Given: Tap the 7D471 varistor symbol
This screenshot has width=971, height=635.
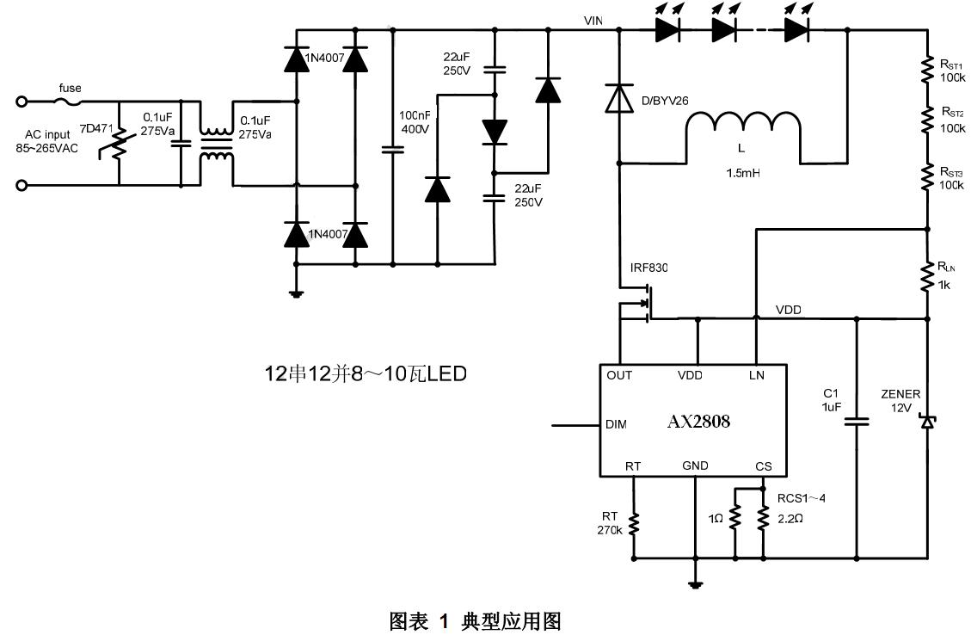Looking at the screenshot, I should (x=119, y=145).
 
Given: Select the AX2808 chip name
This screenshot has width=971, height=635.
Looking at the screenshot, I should (x=698, y=422).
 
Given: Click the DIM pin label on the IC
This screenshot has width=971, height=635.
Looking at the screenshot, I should (x=616, y=424).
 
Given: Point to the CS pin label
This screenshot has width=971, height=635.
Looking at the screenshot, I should (x=763, y=466).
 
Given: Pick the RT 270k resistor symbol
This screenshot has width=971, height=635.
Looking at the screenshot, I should (x=633, y=523).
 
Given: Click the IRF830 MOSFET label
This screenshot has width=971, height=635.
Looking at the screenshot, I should (x=648, y=268).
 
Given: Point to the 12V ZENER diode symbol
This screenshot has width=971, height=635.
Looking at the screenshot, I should (x=927, y=421).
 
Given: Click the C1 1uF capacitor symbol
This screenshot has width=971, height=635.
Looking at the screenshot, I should (x=857, y=422).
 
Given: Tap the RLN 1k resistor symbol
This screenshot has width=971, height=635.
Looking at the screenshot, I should (x=927, y=277).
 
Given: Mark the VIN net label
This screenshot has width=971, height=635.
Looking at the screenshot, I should (x=593, y=21).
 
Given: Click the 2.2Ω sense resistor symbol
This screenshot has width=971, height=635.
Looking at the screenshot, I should (x=762, y=518).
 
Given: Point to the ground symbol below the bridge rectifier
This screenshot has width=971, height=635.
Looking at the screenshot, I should (x=297, y=293).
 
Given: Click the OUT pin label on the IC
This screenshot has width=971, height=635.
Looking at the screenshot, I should (x=619, y=375).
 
